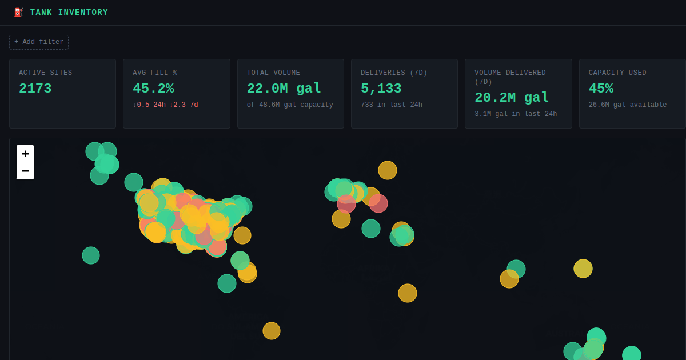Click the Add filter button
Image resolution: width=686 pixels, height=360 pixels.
[x=39, y=42]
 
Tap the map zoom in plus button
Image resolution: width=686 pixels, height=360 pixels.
[x=25, y=154]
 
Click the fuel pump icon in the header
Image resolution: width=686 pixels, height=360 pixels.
[x=18, y=12]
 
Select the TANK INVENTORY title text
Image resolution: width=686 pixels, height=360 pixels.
[x=69, y=12]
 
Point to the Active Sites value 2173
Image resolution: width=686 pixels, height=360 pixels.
[x=35, y=89]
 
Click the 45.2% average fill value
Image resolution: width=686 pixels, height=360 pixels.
[x=153, y=89]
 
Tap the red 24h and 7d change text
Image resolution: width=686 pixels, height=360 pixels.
[x=165, y=105]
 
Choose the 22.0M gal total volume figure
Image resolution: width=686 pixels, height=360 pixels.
[x=284, y=89]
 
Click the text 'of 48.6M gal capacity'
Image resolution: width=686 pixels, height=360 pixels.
[x=290, y=105]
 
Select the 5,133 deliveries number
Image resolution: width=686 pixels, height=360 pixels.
[x=381, y=89]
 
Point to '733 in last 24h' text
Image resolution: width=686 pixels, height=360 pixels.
[x=392, y=105]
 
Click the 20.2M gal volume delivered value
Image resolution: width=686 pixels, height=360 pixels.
[x=512, y=98]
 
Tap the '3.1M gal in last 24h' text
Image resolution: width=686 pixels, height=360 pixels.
[x=516, y=114]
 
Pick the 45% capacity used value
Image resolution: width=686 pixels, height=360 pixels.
[x=601, y=89]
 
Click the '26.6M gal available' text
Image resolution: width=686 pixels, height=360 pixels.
[x=628, y=105]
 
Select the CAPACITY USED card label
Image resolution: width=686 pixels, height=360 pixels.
[x=617, y=73]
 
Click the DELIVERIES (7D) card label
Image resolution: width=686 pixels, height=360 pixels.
[x=394, y=73]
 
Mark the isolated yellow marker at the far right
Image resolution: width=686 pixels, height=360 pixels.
[x=583, y=269]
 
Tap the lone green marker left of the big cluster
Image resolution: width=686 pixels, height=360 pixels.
[x=91, y=255]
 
